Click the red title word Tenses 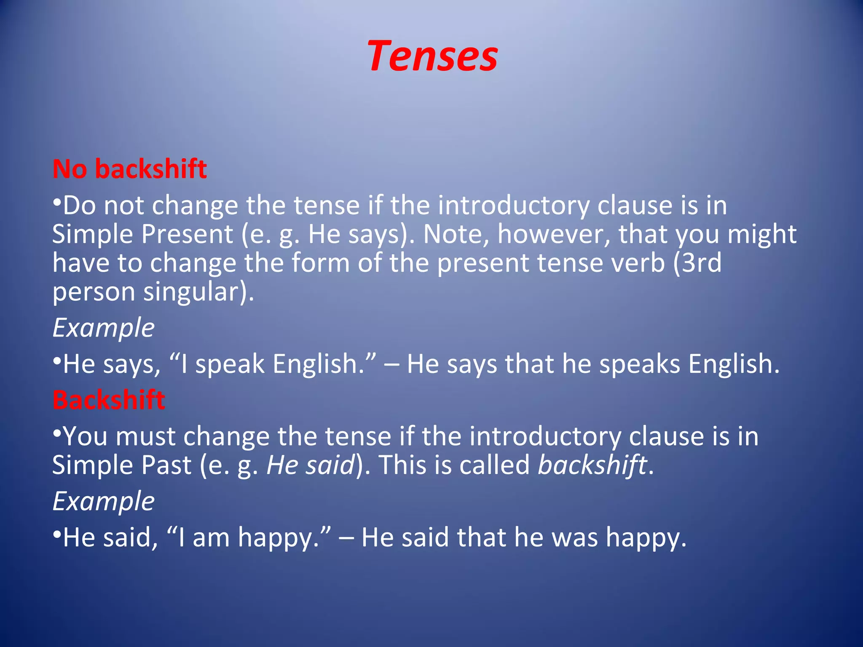pyautogui.click(x=432, y=56)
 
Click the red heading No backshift pyautogui.click(x=129, y=169)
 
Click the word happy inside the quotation pyautogui.click(x=278, y=538)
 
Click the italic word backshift pyautogui.click(x=592, y=465)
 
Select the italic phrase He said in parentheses pyautogui.click(x=311, y=465)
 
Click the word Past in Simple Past pyautogui.click(x=166, y=465)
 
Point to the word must pyautogui.click(x=145, y=436)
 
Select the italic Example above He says pyautogui.click(x=103, y=328)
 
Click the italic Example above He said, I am pyautogui.click(x=103, y=501)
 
